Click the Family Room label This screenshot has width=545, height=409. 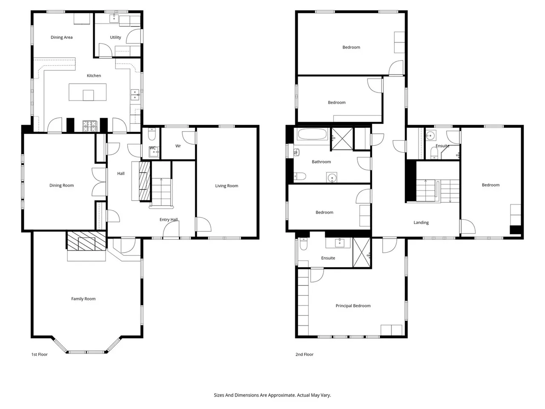click(x=83, y=299)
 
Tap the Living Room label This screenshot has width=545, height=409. click(x=227, y=186)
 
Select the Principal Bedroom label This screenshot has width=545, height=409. click(x=353, y=306)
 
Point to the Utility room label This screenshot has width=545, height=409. click(x=115, y=37)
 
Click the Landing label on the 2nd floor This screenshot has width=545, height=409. click(x=421, y=222)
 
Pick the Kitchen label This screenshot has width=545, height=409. click(x=94, y=75)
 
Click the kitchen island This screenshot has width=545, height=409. click(x=88, y=92)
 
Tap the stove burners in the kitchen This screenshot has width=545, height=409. click(x=90, y=126)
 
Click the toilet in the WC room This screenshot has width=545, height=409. click(x=152, y=135)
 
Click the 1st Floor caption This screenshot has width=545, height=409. click(x=40, y=354)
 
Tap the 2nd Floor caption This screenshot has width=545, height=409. click(x=304, y=354)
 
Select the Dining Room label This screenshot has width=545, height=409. click(x=62, y=185)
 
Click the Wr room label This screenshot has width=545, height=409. click(x=178, y=146)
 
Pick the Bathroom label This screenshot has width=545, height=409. click(x=321, y=161)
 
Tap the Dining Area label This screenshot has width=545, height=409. click(x=62, y=37)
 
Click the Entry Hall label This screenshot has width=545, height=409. click(x=169, y=219)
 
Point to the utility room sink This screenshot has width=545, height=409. click(x=114, y=18)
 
